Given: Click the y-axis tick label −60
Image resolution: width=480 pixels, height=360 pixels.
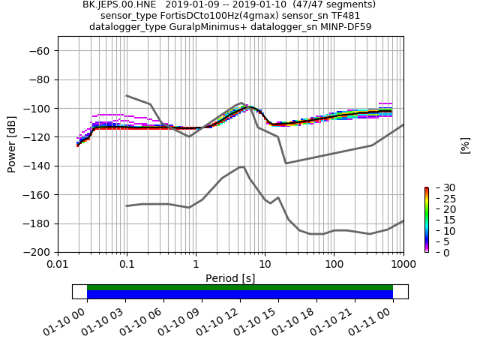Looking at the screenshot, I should click(x=40, y=50).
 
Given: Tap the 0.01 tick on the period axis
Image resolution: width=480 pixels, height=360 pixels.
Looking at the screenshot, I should click(x=58, y=265).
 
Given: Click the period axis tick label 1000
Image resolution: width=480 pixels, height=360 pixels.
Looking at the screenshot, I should click(x=403, y=265).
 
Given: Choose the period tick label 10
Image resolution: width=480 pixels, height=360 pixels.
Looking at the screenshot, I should click(x=265, y=265).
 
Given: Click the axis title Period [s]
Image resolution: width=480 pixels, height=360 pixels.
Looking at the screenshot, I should click(x=230, y=278).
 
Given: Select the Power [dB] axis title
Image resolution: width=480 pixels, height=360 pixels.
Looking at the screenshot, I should click(x=12, y=143).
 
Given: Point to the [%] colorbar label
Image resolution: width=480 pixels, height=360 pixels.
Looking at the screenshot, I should click(x=465, y=145).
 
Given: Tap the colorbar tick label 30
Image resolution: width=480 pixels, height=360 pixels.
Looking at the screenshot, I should click(x=439, y=187).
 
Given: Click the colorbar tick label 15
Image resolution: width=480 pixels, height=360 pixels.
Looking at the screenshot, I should click(x=439, y=220).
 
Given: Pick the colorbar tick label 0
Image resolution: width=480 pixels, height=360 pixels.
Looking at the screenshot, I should click(x=436, y=252).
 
